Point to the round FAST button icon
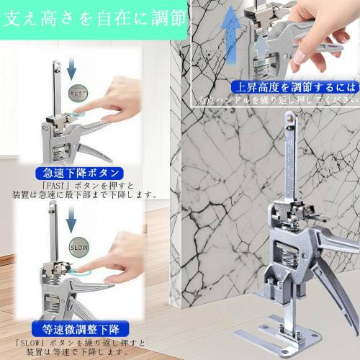point(78,94)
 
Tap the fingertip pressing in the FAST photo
point(81,115)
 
